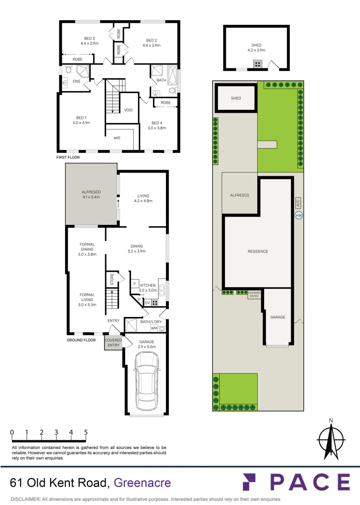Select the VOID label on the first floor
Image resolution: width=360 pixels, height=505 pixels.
pos(129,110)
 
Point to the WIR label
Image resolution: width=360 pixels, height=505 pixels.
pos(117,138)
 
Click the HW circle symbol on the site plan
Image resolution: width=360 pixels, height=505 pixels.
pos(299,216)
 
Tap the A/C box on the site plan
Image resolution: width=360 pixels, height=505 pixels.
pos(298,203)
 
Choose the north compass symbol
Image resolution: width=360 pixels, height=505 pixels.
pos(331,439)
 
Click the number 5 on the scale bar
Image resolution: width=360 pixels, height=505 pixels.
pos(86,433)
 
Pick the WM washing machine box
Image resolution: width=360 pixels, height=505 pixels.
pos(154,328)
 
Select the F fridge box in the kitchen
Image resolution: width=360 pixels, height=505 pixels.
pos(135,283)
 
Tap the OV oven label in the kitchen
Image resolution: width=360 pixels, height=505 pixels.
pos(147,303)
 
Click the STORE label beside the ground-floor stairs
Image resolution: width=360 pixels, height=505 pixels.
pos(112,280)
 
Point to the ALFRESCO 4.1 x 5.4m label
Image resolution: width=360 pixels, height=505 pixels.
pos(91,195)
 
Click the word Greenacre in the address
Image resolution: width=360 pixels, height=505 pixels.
pos(143,483)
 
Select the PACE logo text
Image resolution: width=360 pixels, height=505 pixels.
pos(295,483)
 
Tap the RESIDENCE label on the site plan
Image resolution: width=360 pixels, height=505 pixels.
pos(258,252)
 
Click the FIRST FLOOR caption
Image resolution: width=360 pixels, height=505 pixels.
pos(68,158)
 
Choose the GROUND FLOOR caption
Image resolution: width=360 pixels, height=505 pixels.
pos(81,340)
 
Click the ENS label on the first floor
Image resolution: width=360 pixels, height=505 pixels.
pos(77,81)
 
